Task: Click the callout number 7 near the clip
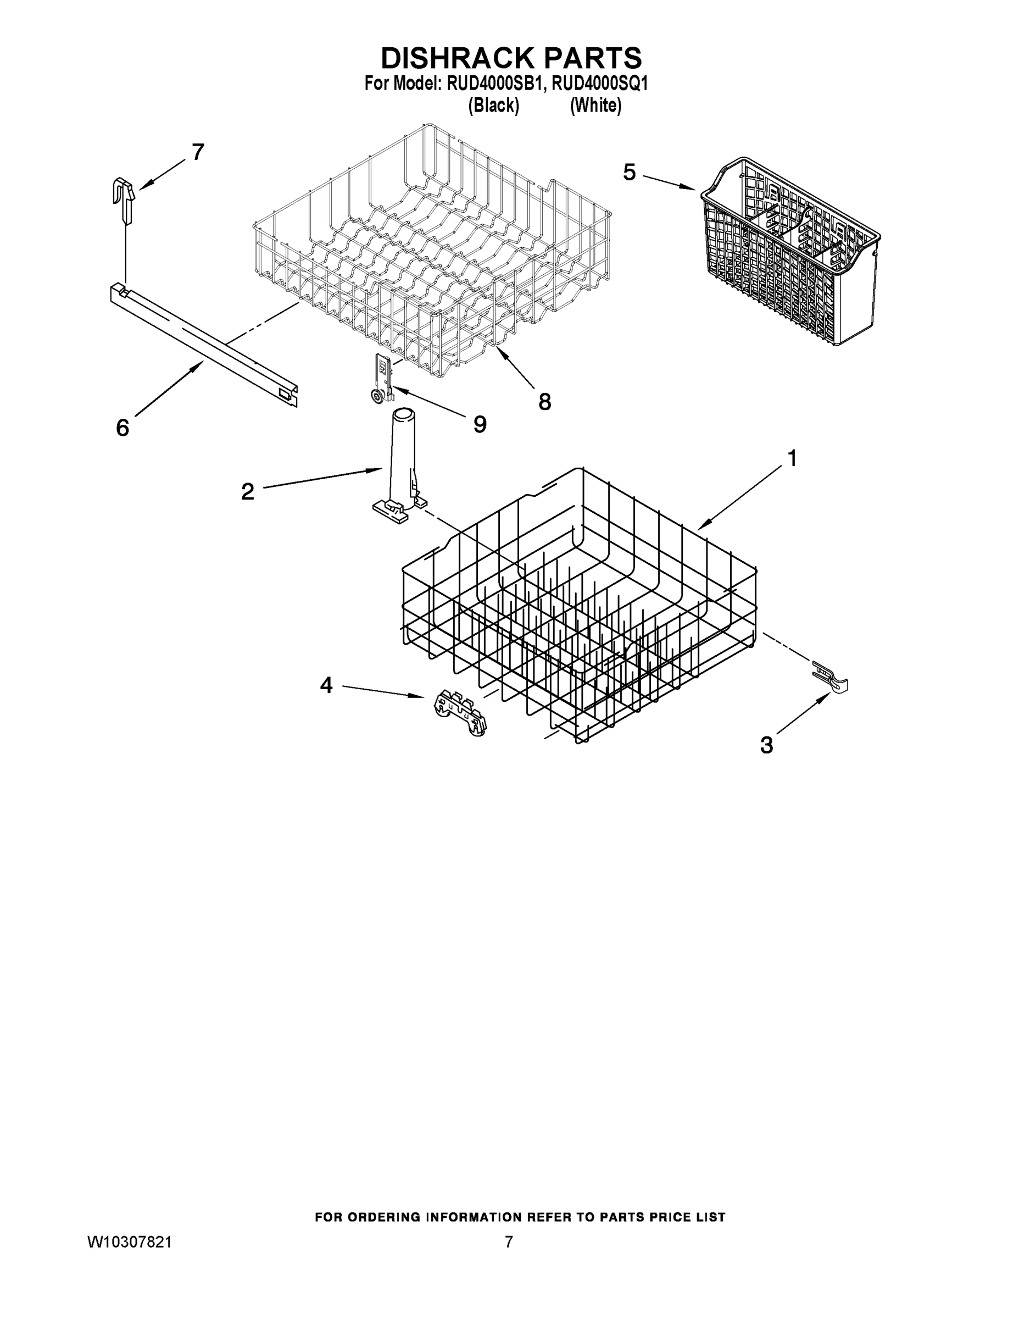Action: tap(198, 152)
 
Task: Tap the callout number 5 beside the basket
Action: tap(629, 173)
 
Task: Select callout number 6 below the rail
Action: tap(122, 428)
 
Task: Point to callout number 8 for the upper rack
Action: tap(544, 402)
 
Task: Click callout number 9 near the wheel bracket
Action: tap(480, 425)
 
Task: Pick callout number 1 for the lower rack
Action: tap(792, 458)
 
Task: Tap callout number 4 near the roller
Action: tap(326, 685)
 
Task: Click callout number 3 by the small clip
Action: tap(767, 745)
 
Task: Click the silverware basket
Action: tap(791, 254)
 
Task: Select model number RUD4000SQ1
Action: tap(599, 84)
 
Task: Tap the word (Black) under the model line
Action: tap(493, 106)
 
